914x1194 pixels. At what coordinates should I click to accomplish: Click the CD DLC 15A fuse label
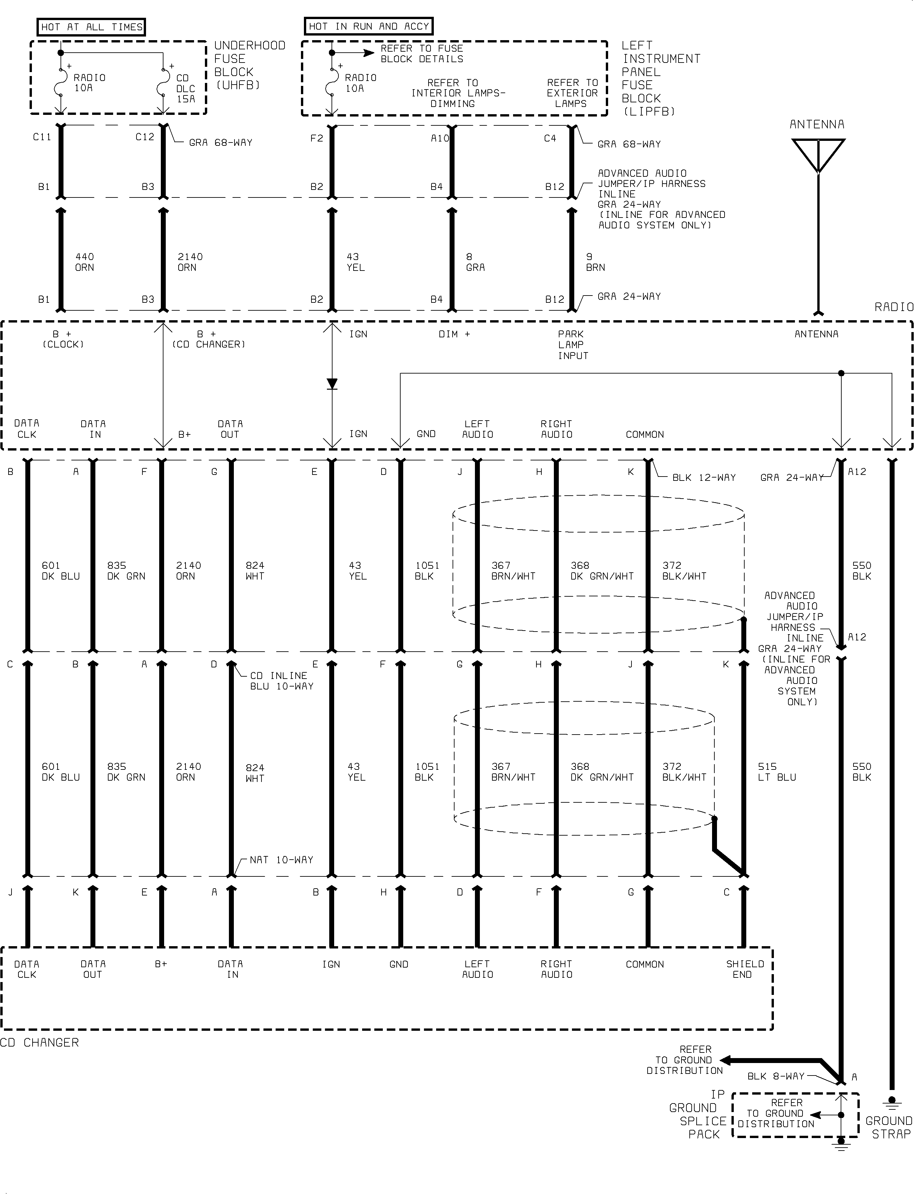(x=185, y=88)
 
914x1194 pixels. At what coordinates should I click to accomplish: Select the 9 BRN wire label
(x=595, y=262)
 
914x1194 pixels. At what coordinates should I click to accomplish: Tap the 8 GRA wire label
(x=475, y=262)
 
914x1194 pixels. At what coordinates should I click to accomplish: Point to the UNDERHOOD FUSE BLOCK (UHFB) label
(x=250, y=65)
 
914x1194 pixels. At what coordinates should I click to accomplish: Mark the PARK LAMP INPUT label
(x=573, y=345)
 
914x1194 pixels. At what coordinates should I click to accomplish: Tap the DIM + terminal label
(x=454, y=334)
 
